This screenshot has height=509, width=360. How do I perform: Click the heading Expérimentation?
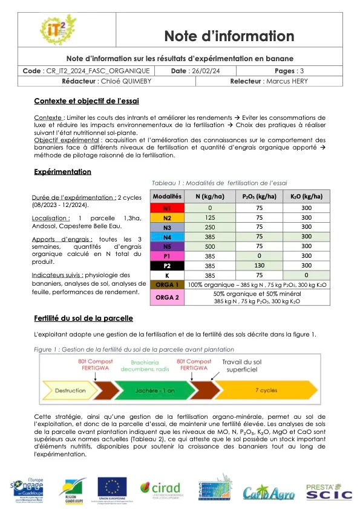63,172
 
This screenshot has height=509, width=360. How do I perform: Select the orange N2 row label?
168,217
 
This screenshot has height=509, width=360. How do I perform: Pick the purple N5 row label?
168,246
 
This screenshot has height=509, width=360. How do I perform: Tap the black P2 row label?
168,265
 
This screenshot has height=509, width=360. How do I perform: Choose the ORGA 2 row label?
168,297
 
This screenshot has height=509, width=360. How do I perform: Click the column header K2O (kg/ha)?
307,197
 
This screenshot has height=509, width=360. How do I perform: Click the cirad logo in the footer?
161,488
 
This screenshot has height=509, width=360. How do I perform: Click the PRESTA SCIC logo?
328,489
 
